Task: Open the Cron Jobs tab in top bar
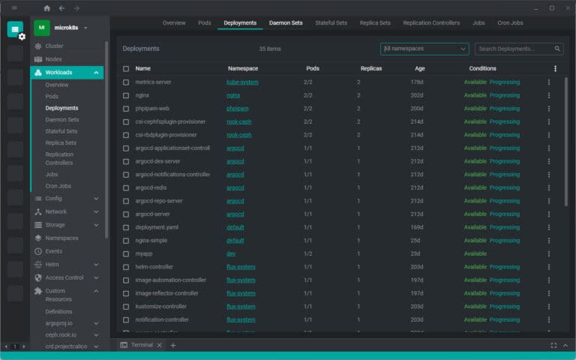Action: pos(510,22)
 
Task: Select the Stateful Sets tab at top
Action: pos(331,22)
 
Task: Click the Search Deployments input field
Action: pos(514,49)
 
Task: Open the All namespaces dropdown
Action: pos(424,49)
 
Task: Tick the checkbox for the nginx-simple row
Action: pos(126,241)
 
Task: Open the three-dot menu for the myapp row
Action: pos(548,253)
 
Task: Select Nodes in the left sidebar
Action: pos(53,59)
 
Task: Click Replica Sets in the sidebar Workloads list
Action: pos(60,142)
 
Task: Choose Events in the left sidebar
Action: pos(53,251)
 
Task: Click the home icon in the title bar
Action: pos(47,8)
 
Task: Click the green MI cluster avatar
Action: pos(42,28)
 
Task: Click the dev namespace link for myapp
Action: pos(231,253)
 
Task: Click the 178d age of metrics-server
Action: pos(418,82)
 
